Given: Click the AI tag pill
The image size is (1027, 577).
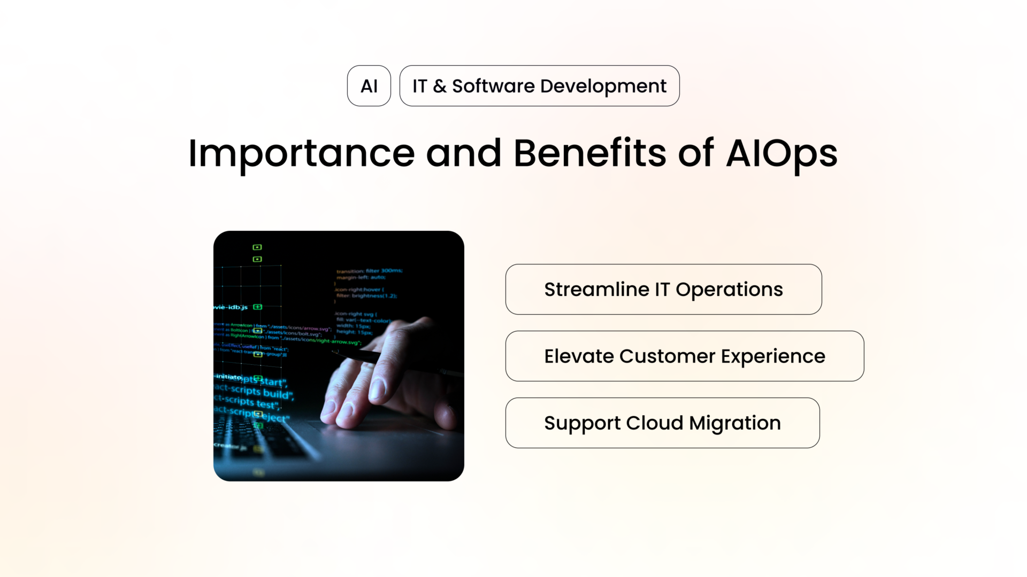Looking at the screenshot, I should click(369, 86).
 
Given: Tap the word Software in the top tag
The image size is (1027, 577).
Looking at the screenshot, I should click(493, 86).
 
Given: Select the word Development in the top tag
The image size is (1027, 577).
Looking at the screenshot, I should click(603, 86).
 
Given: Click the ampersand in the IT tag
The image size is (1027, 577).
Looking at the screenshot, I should click(439, 86).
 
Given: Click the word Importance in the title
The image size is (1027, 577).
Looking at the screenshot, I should click(301, 154).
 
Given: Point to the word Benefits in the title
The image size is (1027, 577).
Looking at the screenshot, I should click(589, 154).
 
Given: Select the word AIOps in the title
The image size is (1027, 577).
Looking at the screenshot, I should click(781, 154).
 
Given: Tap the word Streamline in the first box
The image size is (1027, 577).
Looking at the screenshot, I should click(596, 290).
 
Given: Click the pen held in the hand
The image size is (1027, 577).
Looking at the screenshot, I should click(364, 356).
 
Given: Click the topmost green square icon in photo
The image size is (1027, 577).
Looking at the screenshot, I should click(257, 247).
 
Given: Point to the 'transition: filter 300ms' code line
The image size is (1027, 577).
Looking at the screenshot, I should click(369, 271).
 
